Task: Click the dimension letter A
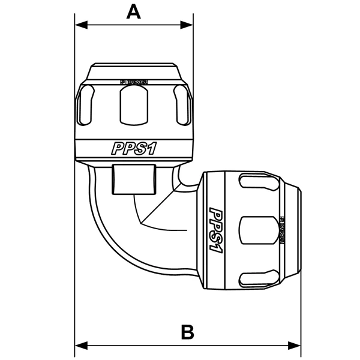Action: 134,11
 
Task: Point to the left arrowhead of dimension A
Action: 80,25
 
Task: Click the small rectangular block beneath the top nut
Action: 133,178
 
